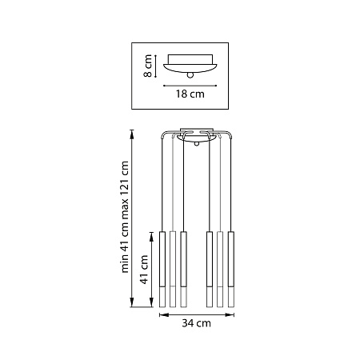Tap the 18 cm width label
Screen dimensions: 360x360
click(190, 93)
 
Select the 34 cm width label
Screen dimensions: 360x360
click(196, 323)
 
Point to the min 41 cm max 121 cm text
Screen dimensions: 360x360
click(126, 217)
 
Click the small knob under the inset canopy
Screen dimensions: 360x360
click(190, 74)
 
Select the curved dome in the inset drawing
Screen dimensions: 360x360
click(190, 66)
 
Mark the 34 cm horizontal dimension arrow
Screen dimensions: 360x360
click(196, 314)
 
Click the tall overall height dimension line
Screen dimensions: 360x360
click(134, 217)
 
